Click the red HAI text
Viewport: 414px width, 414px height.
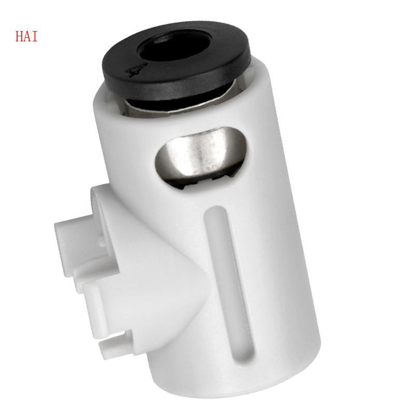(x=26, y=37)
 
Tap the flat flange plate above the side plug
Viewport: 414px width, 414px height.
(x=103, y=199)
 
